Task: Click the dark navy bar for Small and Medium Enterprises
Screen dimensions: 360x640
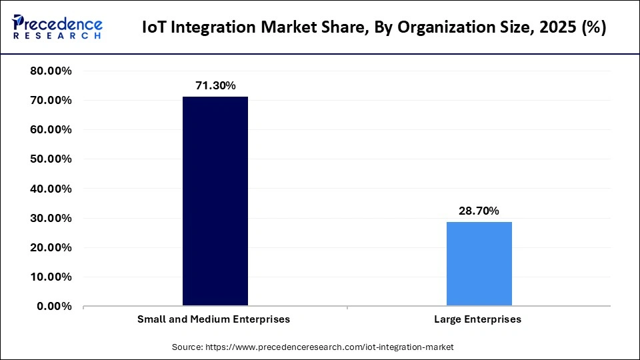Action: [215, 201]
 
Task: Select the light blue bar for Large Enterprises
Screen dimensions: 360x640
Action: [479, 264]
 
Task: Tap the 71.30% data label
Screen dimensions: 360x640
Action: [215, 85]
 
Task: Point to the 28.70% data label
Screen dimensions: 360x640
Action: [479, 211]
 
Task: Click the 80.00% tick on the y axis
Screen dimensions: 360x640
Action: [51, 71]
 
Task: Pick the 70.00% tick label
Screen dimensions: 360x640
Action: [51, 101]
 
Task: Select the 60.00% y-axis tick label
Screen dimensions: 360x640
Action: [51, 130]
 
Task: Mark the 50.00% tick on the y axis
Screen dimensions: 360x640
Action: [51, 159]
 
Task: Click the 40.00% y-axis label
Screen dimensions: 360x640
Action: [51, 189]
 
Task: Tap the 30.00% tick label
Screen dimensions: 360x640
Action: [51, 218]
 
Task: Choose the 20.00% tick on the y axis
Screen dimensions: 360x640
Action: [51, 247]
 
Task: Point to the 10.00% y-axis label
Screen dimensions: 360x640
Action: [51, 277]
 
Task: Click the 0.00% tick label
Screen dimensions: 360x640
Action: [55, 306]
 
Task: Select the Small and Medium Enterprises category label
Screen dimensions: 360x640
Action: [213, 319]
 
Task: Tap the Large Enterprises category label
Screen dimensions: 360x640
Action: [477, 319]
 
